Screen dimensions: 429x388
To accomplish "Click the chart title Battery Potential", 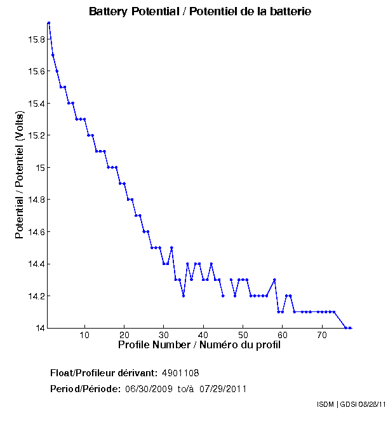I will (x=200, y=11).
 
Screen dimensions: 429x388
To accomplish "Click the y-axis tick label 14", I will (x=40, y=328).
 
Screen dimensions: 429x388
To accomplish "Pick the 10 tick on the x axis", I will (x=84, y=336).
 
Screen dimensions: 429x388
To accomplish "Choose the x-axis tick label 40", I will (x=203, y=336).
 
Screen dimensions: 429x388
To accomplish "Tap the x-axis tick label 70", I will (x=322, y=336).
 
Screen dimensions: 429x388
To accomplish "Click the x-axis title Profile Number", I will (x=199, y=345).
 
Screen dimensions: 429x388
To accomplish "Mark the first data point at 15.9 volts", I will (x=49, y=23).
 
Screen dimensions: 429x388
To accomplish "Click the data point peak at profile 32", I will (x=171, y=248).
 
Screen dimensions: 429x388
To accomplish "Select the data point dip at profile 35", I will (x=184, y=296).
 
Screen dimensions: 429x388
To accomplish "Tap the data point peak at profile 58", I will (x=274, y=280).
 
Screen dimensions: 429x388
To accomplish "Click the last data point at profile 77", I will (x=350, y=328).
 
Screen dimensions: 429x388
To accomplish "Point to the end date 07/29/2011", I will (x=223, y=388).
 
